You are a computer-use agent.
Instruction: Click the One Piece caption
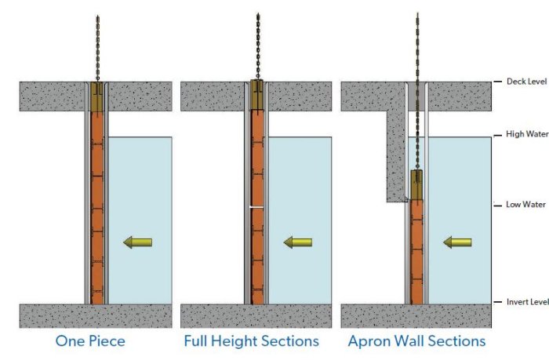[89, 341]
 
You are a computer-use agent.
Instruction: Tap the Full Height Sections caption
[251, 341]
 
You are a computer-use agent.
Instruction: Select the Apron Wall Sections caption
[416, 341]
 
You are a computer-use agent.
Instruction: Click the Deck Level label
[525, 82]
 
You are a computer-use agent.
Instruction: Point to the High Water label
[526, 135]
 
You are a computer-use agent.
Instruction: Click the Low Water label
[525, 205]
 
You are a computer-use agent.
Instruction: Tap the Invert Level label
[526, 302]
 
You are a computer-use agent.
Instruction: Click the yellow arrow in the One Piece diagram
[138, 243]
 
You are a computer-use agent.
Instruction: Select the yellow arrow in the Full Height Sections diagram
[298, 242]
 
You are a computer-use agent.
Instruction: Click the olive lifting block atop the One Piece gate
[97, 96]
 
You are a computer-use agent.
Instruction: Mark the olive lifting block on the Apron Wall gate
[416, 184]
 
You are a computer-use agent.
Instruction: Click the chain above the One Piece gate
[97, 47]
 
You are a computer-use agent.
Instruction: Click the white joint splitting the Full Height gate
[257, 206]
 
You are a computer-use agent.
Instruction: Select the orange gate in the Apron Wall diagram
[416, 251]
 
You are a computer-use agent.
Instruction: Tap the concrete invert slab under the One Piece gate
[94, 315]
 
